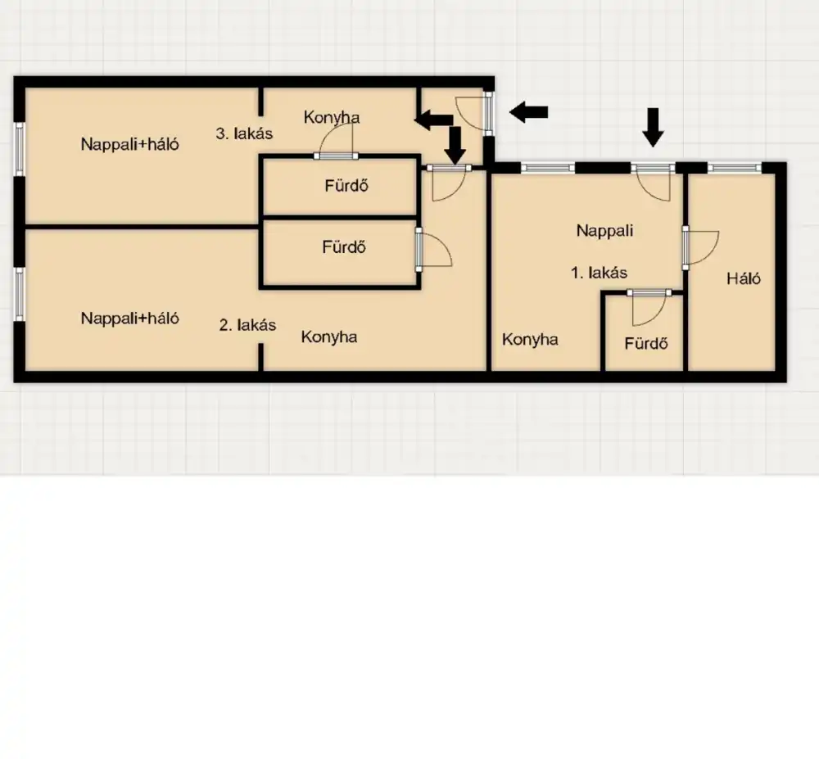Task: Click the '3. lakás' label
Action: (x=244, y=133)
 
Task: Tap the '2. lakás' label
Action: (x=247, y=325)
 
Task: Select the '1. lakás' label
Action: (x=599, y=273)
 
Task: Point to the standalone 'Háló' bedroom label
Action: (x=744, y=278)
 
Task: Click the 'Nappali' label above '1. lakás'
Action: (x=604, y=230)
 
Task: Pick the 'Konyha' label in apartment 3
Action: (x=332, y=117)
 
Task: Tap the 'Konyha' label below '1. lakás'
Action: (x=530, y=340)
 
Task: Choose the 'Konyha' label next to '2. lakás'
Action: (x=329, y=337)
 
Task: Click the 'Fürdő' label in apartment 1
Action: (x=646, y=343)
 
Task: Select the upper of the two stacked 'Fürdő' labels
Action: (x=346, y=185)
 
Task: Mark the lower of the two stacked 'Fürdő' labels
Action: (x=344, y=246)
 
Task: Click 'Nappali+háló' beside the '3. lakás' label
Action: (x=129, y=144)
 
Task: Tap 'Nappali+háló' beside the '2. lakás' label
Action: (x=129, y=318)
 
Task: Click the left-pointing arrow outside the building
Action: (x=528, y=111)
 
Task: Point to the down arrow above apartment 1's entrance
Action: (x=653, y=128)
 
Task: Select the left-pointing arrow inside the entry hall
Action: (x=433, y=120)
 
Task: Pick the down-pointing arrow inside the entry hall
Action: (x=455, y=145)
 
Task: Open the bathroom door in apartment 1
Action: (x=649, y=308)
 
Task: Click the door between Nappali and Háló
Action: (x=700, y=247)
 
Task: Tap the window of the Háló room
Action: (x=735, y=168)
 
